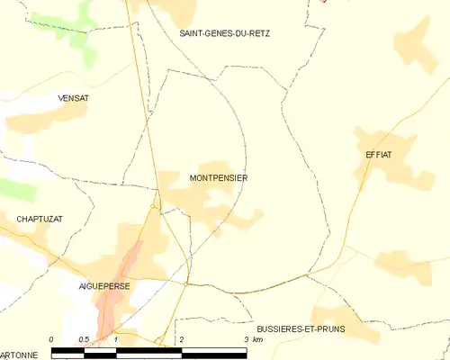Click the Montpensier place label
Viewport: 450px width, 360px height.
(219, 178)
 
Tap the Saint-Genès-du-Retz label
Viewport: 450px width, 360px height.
(224, 33)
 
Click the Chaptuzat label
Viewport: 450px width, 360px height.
(38, 219)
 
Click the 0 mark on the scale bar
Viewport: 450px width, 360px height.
(52, 339)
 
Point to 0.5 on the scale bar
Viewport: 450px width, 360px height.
(84, 339)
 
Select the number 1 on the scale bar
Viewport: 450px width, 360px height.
(116, 339)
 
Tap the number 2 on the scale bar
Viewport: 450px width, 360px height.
(181, 339)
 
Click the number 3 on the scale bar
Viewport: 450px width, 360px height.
(246, 339)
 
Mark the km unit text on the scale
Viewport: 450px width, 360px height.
(258, 339)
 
